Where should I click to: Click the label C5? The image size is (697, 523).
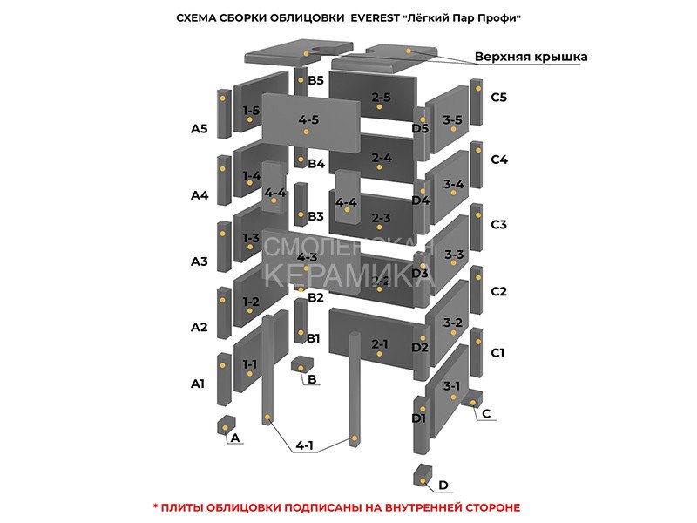click(x=498, y=97)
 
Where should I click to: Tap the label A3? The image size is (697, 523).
click(x=200, y=261)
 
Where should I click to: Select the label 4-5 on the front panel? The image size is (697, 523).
click(x=308, y=119)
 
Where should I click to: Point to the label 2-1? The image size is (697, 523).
click(x=380, y=343)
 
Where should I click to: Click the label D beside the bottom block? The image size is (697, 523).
click(x=443, y=485)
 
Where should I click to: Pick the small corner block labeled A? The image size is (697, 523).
click(x=226, y=425)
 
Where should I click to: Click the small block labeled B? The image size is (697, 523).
click(x=301, y=364)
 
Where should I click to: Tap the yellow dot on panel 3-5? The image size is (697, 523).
click(x=453, y=129)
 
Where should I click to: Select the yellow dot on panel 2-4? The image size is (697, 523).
click(x=379, y=167)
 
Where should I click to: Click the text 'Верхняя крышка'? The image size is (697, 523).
click(x=531, y=57)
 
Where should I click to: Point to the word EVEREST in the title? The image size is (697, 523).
click(x=376, y=18)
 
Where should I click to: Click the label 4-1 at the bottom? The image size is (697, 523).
click(x=304, y=445)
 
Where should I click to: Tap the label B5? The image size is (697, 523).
click(x=315, y=80)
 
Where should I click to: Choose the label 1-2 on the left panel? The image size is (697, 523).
click(x=251, y=302)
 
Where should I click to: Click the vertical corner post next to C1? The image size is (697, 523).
click(x=476, y=353)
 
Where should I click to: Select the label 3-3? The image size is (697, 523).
click(x=454, y=255)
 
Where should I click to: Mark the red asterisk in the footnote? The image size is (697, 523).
click(x=156, y=506)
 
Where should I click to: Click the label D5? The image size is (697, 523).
click(x=420, y=128)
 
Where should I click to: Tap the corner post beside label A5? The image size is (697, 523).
click(x=224, y=114)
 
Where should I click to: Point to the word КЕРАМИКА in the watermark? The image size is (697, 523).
click(x=348, y=276)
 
